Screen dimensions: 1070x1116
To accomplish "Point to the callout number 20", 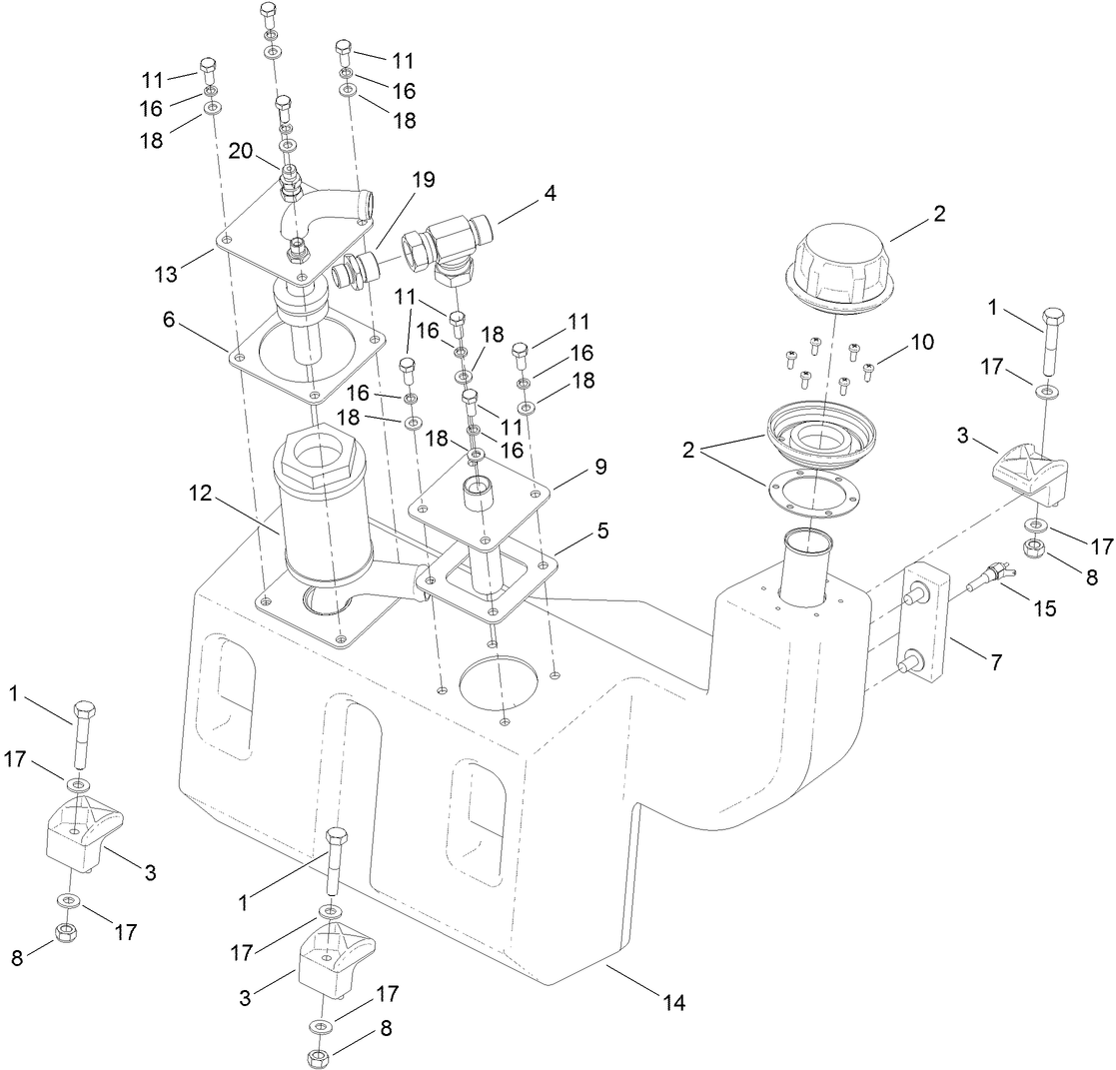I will [x=241, y=150].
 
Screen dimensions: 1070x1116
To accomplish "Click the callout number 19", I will [x=423, y=181].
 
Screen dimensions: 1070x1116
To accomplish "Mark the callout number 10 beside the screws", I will [x=921, y=342].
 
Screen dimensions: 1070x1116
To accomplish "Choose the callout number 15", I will [x=1043, y=607].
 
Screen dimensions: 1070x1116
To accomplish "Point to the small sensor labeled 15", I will [x=991, y=576].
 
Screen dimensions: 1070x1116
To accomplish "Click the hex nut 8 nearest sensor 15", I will [x=1036, y=547].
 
